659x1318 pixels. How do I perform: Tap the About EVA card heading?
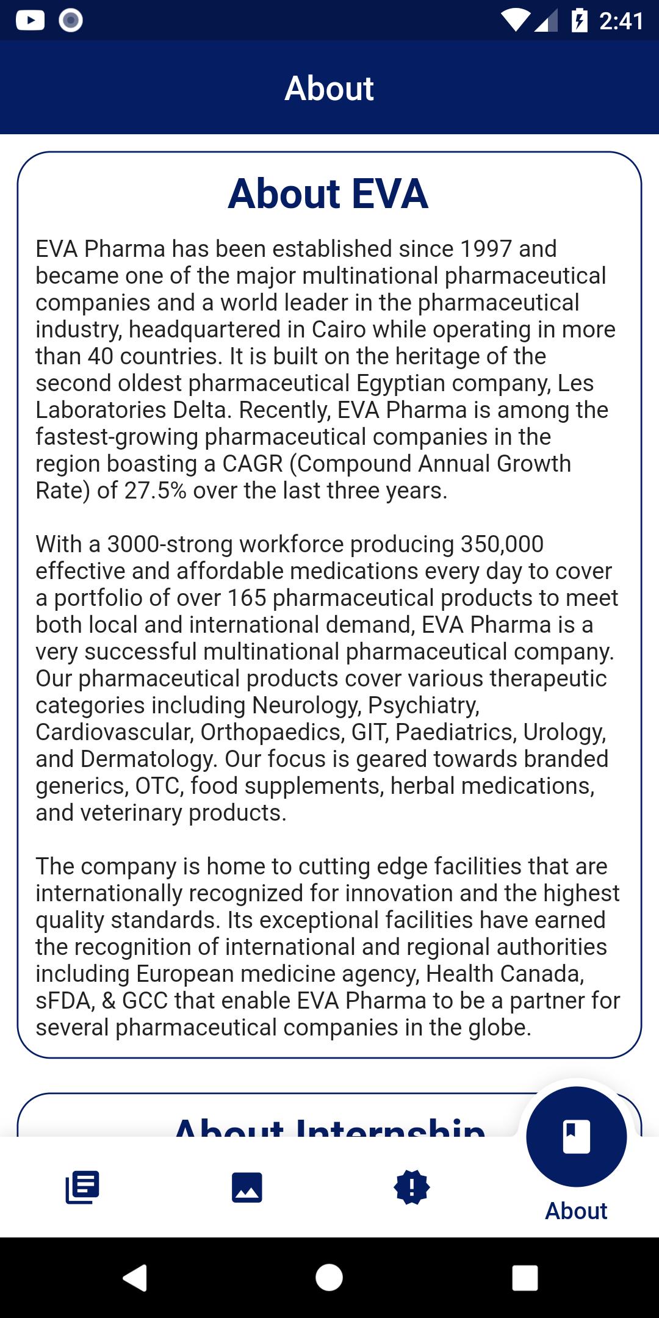pos(328,194)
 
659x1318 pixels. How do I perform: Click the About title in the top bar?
pos(329,88)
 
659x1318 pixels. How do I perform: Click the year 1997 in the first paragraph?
pos(486,249)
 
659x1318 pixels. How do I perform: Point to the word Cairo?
pos(339,329)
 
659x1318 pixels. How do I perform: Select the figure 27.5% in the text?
pos(155,491)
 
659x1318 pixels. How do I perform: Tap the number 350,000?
pos(502,544)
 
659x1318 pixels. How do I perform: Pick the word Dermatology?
pos(148,759)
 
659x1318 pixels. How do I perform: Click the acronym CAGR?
pos(253,464)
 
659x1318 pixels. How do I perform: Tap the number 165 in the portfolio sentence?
pos(247,598)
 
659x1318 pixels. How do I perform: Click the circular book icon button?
pos(576,1137)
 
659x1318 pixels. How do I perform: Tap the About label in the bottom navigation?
pos(576,1211)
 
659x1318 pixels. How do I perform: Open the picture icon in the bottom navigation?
pos(247,1187)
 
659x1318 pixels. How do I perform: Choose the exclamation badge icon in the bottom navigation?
pos(412,1187)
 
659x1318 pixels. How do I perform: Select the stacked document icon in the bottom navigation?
pos(82,1187)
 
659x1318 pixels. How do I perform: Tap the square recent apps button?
pos(525,1278)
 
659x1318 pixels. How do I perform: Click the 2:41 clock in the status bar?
pos(621,21)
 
